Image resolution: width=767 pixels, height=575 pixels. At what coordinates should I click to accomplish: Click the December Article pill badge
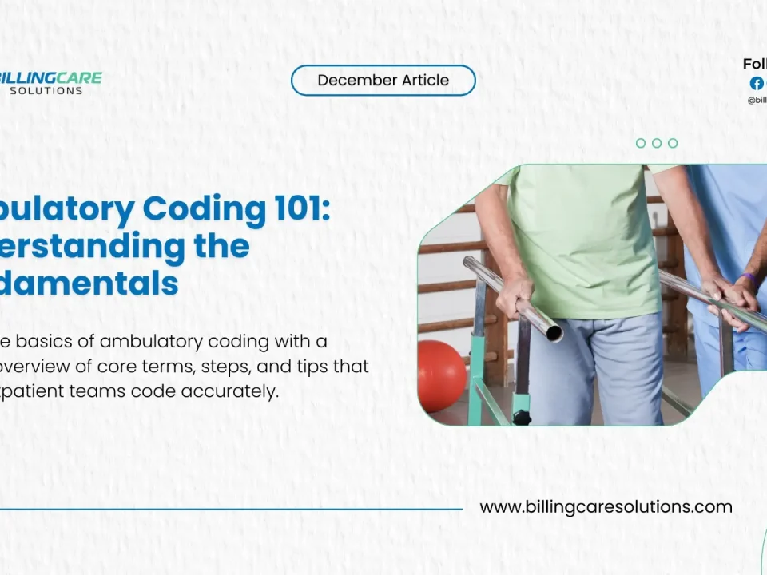[383, 81]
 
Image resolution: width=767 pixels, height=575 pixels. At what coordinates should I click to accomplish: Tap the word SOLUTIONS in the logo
[46, 91]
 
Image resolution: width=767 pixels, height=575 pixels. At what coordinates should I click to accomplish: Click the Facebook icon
[756, 83]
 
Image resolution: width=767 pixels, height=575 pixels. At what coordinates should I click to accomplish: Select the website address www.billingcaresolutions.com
[606, 507]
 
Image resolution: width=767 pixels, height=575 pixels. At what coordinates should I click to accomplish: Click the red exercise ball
[440, 375]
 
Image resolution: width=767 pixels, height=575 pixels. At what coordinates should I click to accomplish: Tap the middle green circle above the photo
[657, 143]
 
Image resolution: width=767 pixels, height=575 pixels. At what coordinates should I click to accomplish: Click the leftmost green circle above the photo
[641, 143]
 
